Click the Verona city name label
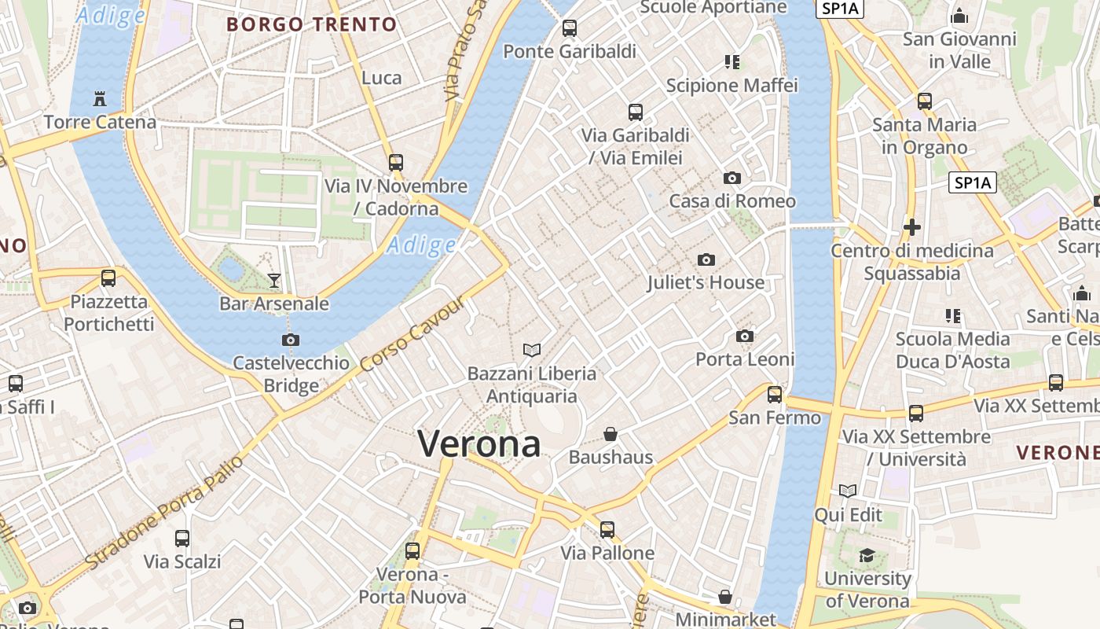478,444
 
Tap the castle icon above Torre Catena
100,99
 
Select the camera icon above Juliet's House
706,259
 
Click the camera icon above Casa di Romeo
732,178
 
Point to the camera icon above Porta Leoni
745,337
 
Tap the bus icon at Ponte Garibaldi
570,28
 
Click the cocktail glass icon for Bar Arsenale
274,280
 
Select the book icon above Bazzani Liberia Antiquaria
532,350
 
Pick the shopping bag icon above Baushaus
610,434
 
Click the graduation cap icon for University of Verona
867,556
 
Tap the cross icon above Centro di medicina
912,228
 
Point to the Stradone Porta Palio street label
164,512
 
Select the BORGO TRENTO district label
312,24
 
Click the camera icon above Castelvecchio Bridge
291,340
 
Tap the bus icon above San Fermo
775,394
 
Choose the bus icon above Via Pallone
607,530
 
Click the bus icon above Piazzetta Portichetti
108,278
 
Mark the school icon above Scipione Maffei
732,61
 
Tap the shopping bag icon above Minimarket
725,597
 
